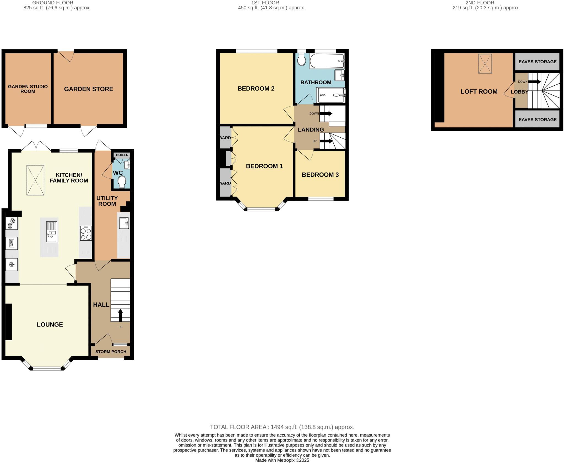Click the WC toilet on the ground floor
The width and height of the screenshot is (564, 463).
pyautogui.click(x=121, y=182)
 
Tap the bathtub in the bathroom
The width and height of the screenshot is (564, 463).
pyautogui.click(x=327, y=61)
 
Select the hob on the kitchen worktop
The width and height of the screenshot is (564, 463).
pyautogui.click(x=86, y=233)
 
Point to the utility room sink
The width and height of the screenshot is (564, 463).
pyautogui.click(x=124, y=223)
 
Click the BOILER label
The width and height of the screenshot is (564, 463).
pyautogui.click(x=122, y=155)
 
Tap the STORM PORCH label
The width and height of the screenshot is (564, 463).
pyautogui.click(x=111, y=352)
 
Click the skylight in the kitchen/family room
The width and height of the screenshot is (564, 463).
pyautogui.click(x=36, y=180)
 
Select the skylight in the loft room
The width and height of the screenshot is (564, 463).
pyautogui.click(x=485, y=64)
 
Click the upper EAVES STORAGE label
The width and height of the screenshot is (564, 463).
pyautogui.click(x=537, y=62)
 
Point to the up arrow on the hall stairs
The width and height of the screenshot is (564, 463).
pyautogui.click(x=120, y=315)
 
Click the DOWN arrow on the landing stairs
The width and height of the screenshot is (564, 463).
pyautogui.click(x=326, y=113)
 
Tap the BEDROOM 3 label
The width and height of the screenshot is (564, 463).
pyautogui.click(x=320, y=175)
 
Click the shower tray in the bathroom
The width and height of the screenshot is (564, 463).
pyautogui.click(x=330, y=95)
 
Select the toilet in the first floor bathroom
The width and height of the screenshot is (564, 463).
pyautogui.click(x=302, y=60)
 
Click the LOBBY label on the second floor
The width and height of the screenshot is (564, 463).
pyautogui.click(x=519, y=92)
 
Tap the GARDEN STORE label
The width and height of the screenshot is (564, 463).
pyautogui.click(x=88, y=89)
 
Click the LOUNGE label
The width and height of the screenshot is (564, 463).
pyautogui.click(x=50, y=325)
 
